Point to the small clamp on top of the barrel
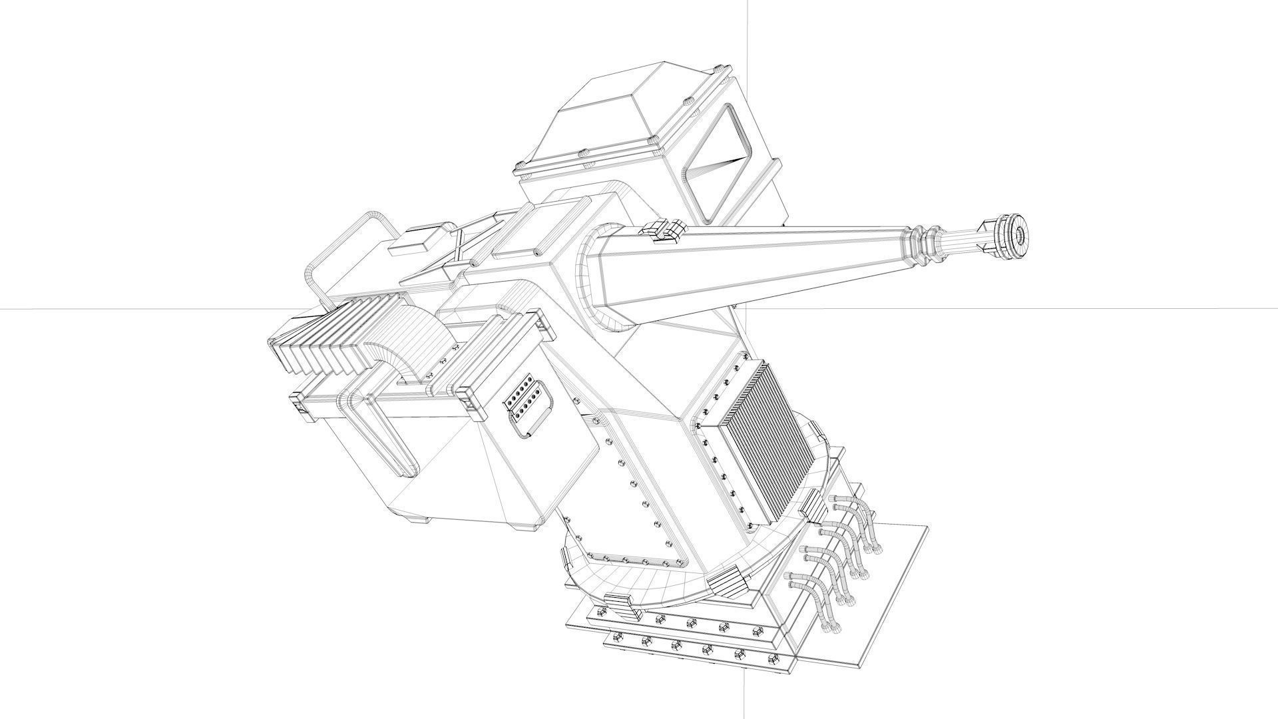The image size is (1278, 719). click(x=664, y=231)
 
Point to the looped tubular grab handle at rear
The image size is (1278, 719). click(x=346, y=246)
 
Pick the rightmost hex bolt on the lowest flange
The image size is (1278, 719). click(x=773, y=659)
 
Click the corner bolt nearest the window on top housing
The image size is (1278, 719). click(x=721, y=69)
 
